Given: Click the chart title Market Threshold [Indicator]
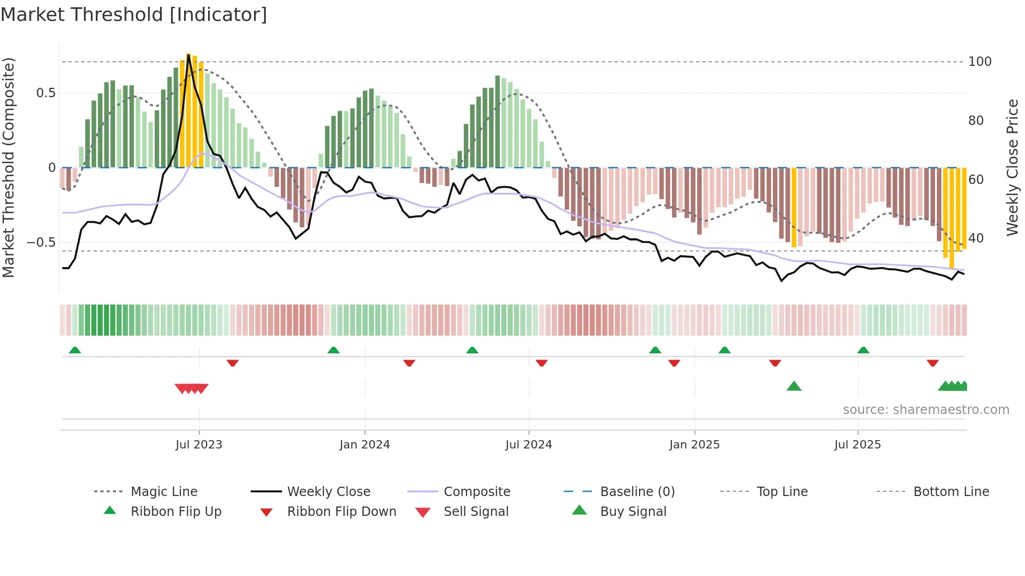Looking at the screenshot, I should pyautogui.click(x=134, y=15).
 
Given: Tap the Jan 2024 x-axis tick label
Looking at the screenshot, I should pyautogui.click(x=365, y=445).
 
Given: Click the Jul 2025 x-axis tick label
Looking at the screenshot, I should pyautogui.click(x=857, y=445).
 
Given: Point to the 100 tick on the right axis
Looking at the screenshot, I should pyautogui.click(x=980, y=62).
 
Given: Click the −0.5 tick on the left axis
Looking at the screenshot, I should pyautogui.click(x=41, y=243).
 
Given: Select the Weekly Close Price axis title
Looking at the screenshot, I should pyautogui.click(x=1012, y=167).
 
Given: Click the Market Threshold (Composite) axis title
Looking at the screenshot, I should pyautogui.click(x=8, y=167).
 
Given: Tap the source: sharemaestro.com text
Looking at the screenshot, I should pyautogui.click(x=926, y=410).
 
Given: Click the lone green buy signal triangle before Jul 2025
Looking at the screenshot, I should pyautogui.click(x=794, y=386).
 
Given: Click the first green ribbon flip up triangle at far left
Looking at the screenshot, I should pyautogui.click(x=75, y=350).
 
